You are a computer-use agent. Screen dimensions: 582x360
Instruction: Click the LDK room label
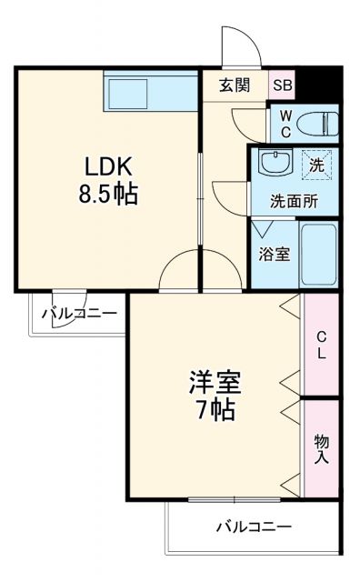coord(110,166)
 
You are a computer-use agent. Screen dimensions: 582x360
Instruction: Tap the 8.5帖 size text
coord(110,194)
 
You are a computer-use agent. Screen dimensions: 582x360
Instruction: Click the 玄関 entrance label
coord(234,85)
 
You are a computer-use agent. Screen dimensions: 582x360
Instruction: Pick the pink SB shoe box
coord(283,85)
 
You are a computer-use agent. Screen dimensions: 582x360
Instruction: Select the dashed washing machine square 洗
coord(317,166)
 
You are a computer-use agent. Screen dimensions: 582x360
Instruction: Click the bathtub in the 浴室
coord(318,254)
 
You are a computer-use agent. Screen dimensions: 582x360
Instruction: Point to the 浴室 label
coord(274,254)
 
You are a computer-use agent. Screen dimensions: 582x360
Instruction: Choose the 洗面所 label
coord(293,201)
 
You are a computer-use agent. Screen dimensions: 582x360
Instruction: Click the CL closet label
coord(321,346)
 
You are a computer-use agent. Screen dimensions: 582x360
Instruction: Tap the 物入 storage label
coord(321,448)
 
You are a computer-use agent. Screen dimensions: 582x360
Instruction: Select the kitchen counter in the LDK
coord(150,90)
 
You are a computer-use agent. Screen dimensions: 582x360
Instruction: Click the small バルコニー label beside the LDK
coord(79,315)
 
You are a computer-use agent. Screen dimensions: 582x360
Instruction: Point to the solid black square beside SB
coord(318,85)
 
